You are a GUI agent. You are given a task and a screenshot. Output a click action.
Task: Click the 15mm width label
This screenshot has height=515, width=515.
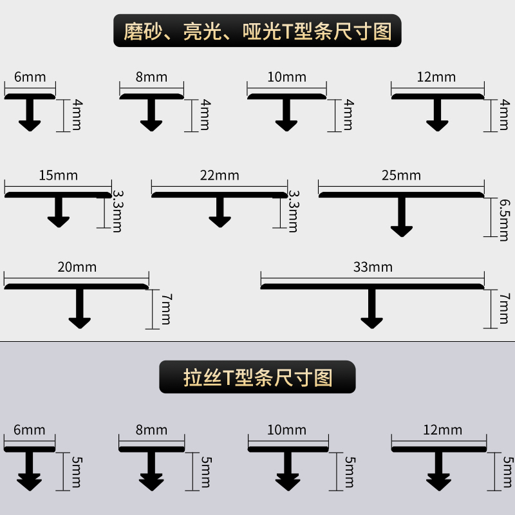click(x=57, y=175)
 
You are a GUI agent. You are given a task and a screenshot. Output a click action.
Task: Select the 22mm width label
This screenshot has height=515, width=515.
click(x=220, y=175)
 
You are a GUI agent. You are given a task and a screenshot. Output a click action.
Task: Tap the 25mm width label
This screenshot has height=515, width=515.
click(x=401, y=175)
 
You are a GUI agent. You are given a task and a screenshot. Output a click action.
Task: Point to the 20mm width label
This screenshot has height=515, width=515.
click(x=76, y=267)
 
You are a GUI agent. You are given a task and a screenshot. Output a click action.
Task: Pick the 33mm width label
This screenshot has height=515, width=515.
click(x=373, y=267)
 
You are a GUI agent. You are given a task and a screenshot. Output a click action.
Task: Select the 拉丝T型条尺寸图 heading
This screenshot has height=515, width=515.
click(x=257, y=377)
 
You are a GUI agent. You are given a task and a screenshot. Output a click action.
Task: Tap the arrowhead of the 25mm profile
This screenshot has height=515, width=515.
click(x=402, y=229)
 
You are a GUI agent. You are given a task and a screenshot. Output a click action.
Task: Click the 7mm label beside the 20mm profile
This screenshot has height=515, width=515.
click(x=166, y=308)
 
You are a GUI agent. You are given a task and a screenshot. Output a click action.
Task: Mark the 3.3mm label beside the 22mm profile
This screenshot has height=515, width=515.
click(x=294, y=211)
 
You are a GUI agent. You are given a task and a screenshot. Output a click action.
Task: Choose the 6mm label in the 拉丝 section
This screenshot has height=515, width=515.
click(x=30, y=430)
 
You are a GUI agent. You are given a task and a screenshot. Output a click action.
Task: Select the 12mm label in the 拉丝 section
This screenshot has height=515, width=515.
click(x=443, y=430)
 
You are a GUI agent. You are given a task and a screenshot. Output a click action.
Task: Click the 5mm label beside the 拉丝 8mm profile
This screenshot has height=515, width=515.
click(x=205, y=471)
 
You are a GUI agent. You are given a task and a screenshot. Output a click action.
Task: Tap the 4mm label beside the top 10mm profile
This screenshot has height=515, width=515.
click(x=348, y=115)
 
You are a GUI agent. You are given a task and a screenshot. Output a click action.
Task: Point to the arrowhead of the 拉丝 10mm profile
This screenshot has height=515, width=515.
click(x=288, y=482)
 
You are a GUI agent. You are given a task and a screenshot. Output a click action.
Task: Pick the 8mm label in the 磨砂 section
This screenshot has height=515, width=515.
click(x=151, y=78)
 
